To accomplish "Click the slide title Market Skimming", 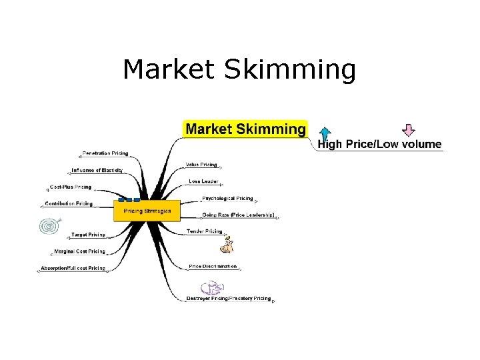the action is [239, 69].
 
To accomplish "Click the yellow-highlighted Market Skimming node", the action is [245, 129].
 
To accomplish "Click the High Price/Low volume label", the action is [379, 144].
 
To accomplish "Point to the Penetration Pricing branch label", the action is [105, 154].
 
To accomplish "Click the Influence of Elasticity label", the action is [97, 170].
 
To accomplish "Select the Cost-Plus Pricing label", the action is [71, 187].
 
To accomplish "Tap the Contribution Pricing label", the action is [69, 203].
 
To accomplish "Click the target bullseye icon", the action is [49, 226].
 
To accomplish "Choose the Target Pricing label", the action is [89, 235].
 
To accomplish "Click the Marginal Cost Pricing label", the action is [79, 251].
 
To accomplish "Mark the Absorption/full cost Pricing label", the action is [73, 268].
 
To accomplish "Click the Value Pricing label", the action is [201, 165].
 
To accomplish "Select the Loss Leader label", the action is [204, 181].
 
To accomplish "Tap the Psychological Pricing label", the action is [227, 199].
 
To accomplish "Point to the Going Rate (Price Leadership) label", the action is [238, 215].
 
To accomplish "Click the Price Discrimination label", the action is [213, 267].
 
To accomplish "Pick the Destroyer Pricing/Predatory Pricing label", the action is [229, 299].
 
